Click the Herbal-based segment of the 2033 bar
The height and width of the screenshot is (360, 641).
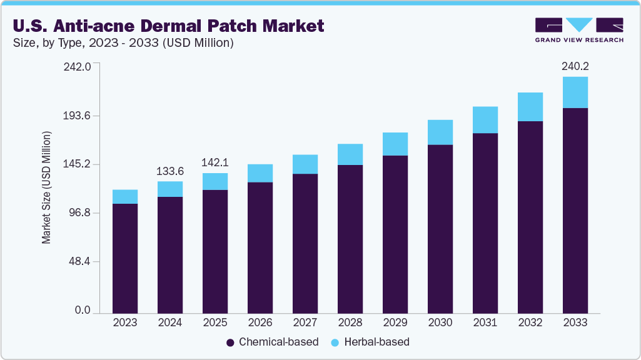(575, 92)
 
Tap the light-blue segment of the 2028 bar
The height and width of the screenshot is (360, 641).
(350, 154)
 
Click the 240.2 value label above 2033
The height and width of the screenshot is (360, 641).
(575, 66)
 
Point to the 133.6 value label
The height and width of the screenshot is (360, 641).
(170, 171)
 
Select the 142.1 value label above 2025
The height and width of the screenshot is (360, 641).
(215, 162)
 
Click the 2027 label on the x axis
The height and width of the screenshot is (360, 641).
(305, 322)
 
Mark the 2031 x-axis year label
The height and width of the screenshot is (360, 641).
(485, 322)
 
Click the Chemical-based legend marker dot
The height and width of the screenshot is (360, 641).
(230, 342)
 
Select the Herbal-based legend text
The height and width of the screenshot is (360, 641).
(378, 342)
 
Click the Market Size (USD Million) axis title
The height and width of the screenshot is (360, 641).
(46, 187)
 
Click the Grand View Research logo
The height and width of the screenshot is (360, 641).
(578, 30)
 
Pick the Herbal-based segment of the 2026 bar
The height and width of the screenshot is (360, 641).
(260, 173)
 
